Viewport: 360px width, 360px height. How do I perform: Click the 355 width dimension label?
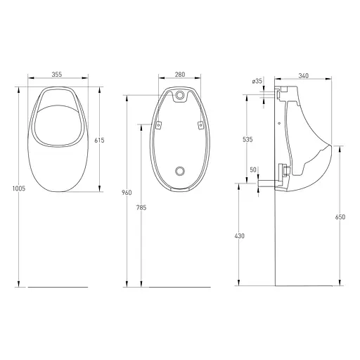point(57,75)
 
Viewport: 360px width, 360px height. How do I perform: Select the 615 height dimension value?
point(99,141)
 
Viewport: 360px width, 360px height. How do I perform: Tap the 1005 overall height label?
point(19,188)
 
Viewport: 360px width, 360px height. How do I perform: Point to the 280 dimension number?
point(180,75)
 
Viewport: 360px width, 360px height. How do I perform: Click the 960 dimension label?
point(127,193)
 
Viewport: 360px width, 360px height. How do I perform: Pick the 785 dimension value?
point(141,207)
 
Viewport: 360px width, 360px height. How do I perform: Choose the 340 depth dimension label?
point(304,76)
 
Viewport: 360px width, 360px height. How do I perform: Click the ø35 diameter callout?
point(257,82)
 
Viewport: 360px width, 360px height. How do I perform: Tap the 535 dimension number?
point(247,140)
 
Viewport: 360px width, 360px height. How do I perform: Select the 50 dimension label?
point(253,169)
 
